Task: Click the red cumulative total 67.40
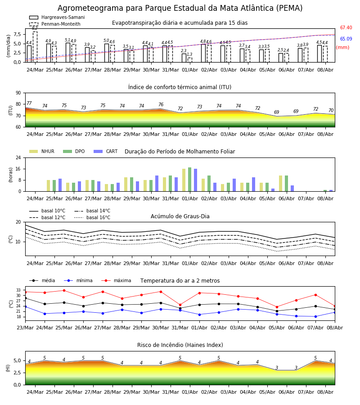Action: pos(346,27)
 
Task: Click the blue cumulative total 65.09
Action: pos(346,39)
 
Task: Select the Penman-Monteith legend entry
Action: pos(55,24)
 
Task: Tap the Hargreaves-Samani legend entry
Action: pos(57,17)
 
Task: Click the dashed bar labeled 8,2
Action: pos(35,47)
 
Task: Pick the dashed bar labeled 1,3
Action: pos(190,60)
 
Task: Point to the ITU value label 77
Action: pos(29,103)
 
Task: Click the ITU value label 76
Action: pos(161,104)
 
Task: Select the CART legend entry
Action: pos(105,151)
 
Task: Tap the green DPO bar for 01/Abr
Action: pos(190,180)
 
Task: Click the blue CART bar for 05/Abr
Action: pos(273,190)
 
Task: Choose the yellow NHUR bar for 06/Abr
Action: pos(281,184)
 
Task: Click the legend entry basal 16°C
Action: pos(92,217)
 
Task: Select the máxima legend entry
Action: pos(116,280)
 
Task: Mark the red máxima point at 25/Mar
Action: pos(64,291)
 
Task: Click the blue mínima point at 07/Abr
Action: pos(315,317)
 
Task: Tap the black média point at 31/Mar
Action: pos(180,308)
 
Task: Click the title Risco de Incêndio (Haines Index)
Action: pos(180,345)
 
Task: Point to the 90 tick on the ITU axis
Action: pos(18,93)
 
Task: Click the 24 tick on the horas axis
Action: pos(18,157)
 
